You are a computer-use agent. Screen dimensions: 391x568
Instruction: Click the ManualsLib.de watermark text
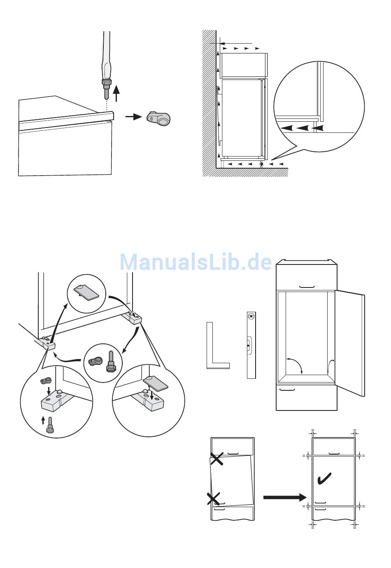195,262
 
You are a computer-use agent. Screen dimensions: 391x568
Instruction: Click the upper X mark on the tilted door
216,459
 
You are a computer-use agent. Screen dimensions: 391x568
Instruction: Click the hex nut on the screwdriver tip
106,82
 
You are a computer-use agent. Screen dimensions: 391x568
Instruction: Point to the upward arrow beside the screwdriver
116,93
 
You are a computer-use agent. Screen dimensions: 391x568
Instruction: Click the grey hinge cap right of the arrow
158,118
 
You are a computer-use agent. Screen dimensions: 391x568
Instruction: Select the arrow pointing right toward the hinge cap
134,117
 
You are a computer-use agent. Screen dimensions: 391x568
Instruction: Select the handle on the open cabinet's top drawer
307,287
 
